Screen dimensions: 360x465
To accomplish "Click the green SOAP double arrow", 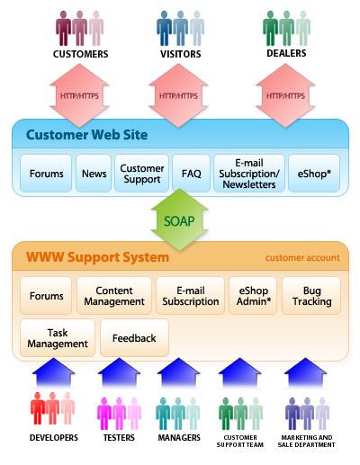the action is [x=179, y=220].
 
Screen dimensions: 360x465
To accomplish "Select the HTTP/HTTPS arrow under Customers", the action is [x=79, y=95].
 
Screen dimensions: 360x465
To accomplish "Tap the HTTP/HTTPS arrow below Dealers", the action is [x=285, y=95].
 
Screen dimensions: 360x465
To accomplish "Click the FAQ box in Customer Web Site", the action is [x=191, y=174].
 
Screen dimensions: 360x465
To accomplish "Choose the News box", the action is [x=94, y=174].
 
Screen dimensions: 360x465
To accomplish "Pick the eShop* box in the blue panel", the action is [x=314, y=174].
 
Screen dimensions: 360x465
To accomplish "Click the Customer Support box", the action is [x=141, y=174].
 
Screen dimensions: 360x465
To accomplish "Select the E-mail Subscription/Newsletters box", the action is [x=249, y=174].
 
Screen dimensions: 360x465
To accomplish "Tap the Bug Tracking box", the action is [x=311, y=296].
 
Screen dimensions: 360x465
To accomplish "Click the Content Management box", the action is [x=114, y=296].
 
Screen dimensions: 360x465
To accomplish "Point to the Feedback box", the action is [x=134, y=338].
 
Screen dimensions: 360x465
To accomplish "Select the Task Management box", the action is [x=58, y=338].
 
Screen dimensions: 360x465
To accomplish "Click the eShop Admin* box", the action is [x=253, y=296].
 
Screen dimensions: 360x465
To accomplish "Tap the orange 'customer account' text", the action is [x=302, y=258].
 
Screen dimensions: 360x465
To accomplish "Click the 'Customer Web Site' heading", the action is [x=86, y=135].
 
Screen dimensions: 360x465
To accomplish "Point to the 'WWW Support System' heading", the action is [x=97, y=257].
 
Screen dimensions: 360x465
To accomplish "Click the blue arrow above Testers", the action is [x=120, y=372].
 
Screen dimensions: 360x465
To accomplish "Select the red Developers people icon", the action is [x=52, y=408].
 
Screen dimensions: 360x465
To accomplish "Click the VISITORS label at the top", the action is [x=181, y=54].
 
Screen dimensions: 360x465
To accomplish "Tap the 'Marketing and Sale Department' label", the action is [x=307, y=441].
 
